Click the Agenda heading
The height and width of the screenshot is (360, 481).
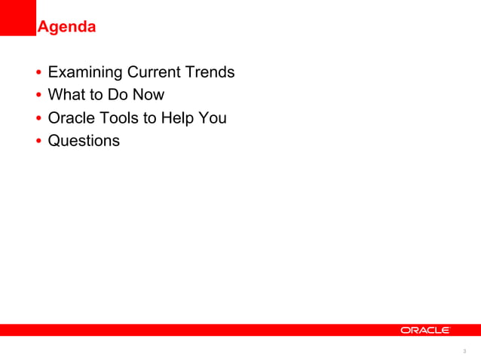(66, 28)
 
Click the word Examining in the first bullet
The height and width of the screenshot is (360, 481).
(84, 73)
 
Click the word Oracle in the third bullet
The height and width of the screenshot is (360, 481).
(70, 117)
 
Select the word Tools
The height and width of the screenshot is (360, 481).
(118, 117)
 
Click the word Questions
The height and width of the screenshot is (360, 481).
(84, 140)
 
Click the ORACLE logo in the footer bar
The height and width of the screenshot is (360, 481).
(425, 330)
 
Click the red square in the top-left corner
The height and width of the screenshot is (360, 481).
(17, 17)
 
